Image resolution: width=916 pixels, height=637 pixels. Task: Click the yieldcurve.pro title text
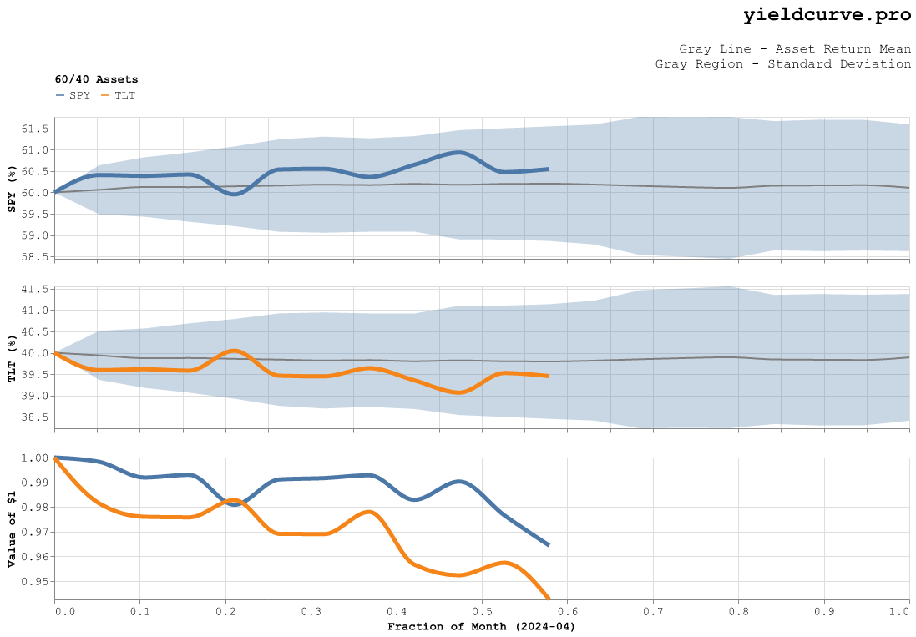coord(827,15)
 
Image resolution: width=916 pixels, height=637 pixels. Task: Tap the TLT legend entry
coord(118,95)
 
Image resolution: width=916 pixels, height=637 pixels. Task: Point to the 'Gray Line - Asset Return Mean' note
coord(795,48)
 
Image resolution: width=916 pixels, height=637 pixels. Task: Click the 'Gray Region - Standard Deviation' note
coord(783,63)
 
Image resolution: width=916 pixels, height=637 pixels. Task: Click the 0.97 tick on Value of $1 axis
coord(38,532)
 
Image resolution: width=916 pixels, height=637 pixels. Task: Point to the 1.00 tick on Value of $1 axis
coord(38,458)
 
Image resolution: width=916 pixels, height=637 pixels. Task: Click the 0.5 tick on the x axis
coord(482,612)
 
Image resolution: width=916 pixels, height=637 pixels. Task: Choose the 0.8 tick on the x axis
coord(738,612)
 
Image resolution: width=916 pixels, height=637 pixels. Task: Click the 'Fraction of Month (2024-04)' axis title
coord(482,626)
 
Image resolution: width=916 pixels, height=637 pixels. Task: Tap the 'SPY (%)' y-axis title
coord(12,188)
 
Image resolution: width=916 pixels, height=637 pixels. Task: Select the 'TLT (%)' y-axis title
coord(12,359)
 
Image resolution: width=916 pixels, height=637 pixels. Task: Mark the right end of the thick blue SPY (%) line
coord(548,169)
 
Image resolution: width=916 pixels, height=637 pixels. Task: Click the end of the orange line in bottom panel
coord(548,598)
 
